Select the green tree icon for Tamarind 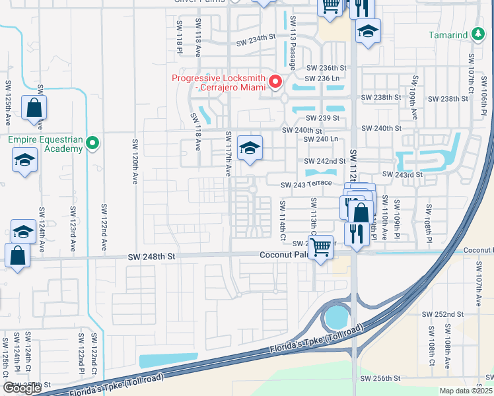(479, 34)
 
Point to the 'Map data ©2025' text (466, 391)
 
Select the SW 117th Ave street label (229, 154)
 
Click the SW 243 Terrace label (304, 185)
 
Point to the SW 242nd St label (325, 161)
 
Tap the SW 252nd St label (446, 314)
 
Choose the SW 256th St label (380, 378)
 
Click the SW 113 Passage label (292, 42)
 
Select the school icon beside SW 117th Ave (250, 148)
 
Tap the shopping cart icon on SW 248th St (321, 247)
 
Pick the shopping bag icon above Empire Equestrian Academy (34, 108)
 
